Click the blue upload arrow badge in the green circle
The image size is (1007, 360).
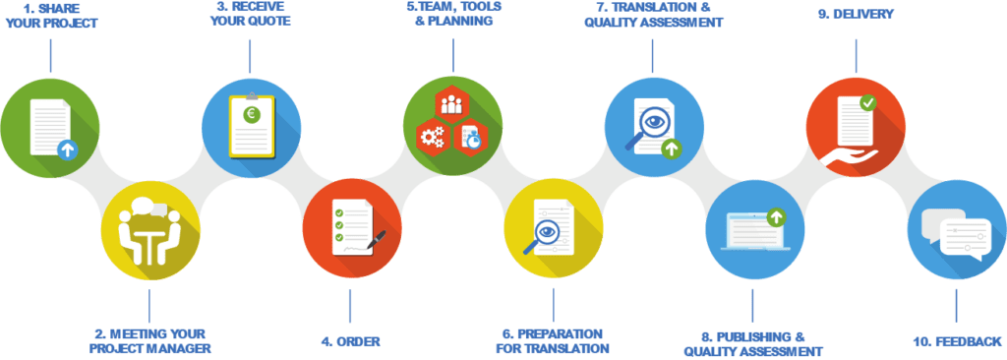[67, 150]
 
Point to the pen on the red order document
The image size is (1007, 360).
[375, 237]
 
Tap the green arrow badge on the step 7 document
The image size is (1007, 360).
[672, 149]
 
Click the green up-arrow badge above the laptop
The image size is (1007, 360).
[777, 214]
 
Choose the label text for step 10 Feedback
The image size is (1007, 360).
[958, 342]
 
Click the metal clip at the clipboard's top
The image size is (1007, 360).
[250, 95]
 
